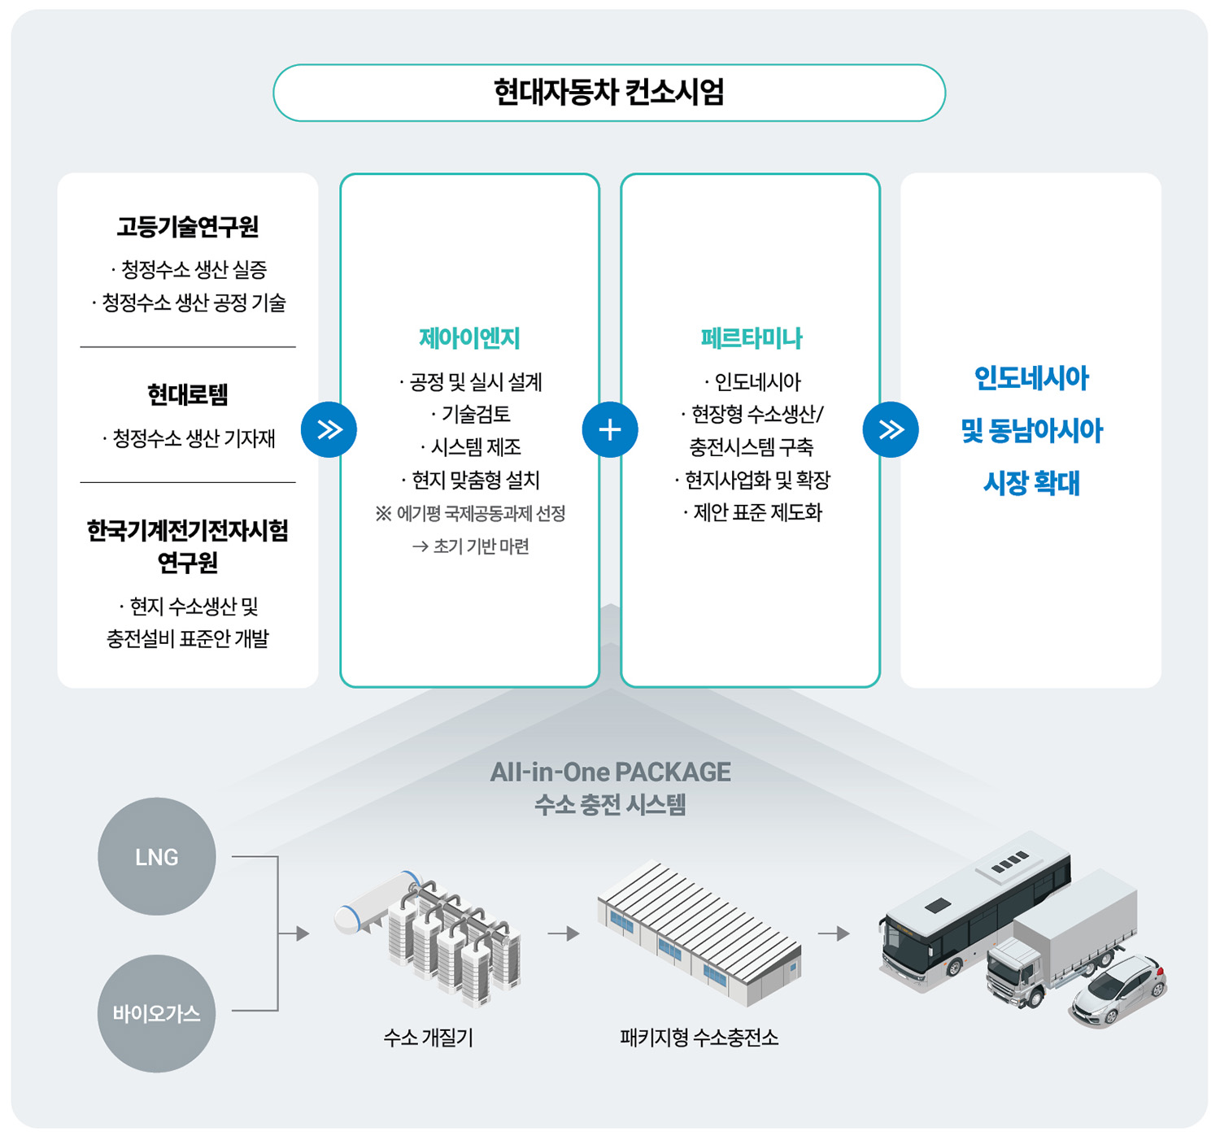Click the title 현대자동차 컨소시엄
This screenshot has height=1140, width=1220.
[608, 93]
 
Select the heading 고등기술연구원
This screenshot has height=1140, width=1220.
[188, 226]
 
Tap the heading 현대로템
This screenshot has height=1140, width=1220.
[188, 395]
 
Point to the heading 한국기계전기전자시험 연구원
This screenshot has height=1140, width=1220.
[188, 546]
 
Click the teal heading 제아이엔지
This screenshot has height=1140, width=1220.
[469, 338]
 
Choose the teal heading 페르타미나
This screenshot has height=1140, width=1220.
[751, 338]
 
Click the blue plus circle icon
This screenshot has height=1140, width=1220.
[609, 429]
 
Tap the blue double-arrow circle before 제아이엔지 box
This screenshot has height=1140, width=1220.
[329, 429]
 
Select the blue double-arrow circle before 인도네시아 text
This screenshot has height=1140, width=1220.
[891, 429]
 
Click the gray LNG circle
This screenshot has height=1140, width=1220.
[157, 857]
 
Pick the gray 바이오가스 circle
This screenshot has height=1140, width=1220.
[157, 1013]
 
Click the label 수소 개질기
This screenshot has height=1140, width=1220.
[428, 1038]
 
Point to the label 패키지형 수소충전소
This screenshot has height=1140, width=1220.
[699, 1038]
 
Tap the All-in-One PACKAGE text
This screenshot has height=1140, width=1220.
[610, 772]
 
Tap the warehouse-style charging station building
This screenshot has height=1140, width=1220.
[699, 935]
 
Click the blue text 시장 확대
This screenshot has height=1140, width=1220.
[1031, 484]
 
